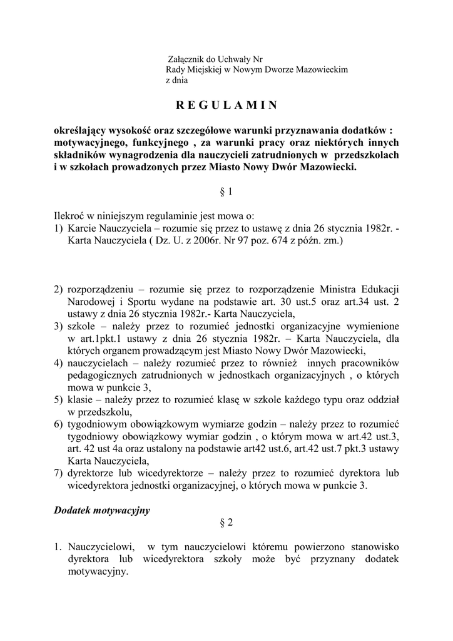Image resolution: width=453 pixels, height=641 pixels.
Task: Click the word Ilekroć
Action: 69,217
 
